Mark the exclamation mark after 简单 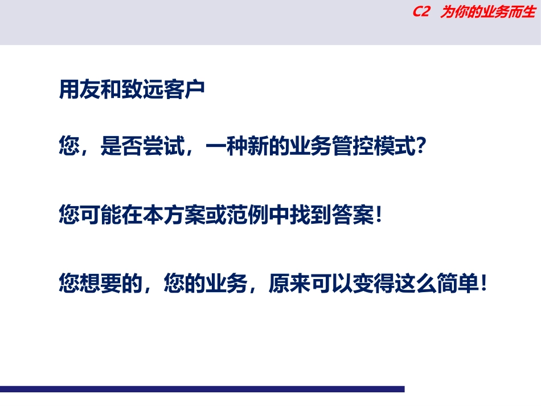tap(482, 283)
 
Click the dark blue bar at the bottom tap(202, 389)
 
